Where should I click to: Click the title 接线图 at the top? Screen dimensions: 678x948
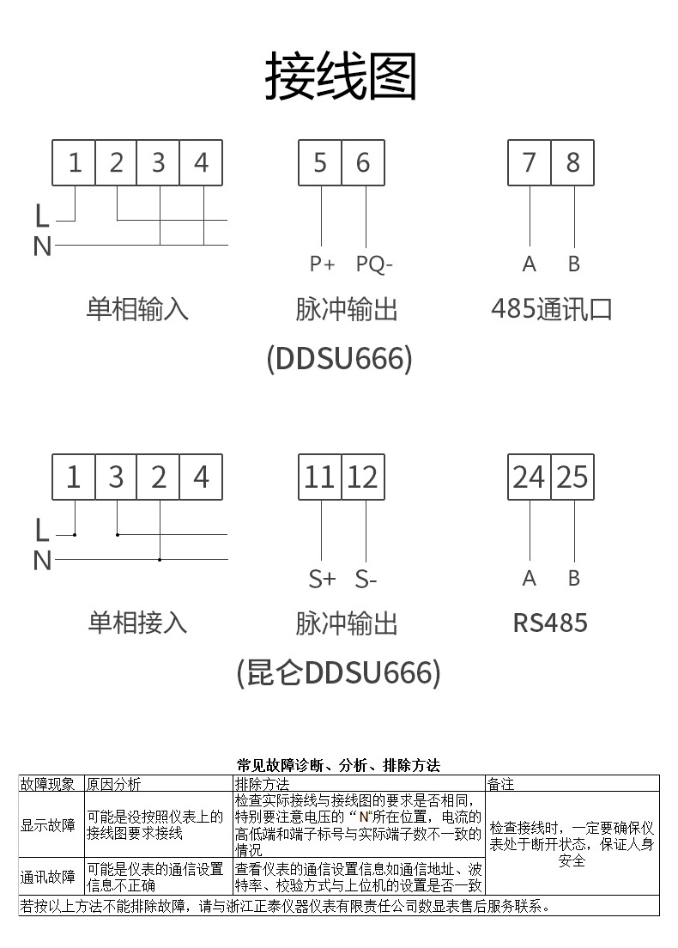coord(341,76)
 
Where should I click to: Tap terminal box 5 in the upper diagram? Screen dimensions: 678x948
coord(320,162)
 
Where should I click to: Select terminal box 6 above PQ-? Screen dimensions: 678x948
coord(363,162)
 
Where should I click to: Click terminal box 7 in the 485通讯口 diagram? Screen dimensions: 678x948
coord(530,162)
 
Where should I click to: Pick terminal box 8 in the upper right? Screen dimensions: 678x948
coord(572,162)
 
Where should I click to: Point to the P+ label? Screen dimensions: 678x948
coord(322,264)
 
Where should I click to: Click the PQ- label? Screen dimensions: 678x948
coord(374,264)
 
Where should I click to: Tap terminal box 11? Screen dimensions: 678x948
coord(320,477)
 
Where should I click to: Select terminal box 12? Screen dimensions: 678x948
coord(363,477)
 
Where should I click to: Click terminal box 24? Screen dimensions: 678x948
coord(530,477)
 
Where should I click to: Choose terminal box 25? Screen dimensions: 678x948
coord(572,477)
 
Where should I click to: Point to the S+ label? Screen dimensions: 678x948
coord(322,580)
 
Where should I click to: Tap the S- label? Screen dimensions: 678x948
coord(366,580)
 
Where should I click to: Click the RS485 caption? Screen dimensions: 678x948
coord(550,622)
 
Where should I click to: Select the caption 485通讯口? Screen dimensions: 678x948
coord(552,308)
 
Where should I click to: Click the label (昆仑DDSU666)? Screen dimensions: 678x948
coord(338,671)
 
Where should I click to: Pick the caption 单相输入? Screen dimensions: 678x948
coord(137,308)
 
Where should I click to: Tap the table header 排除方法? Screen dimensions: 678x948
coord(263,783)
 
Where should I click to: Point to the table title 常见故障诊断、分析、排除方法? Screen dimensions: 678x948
coord(338,764)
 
